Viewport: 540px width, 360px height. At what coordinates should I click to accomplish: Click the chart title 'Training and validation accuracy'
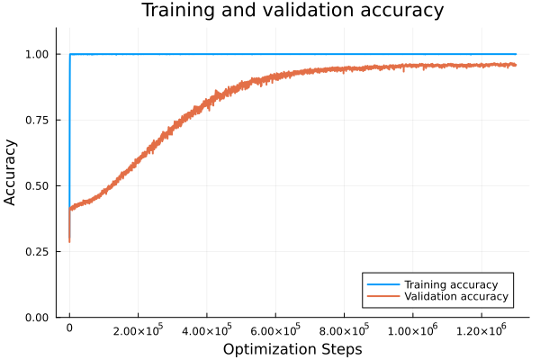(x=292, y=11)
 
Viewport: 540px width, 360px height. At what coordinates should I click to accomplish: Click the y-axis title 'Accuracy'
(x=11, y=172)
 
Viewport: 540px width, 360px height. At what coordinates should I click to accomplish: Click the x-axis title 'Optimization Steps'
(x=292, y=348)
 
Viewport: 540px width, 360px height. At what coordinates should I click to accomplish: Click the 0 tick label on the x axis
(x=69, y=330)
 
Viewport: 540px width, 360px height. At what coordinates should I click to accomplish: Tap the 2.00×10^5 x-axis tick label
(x=138, y=330)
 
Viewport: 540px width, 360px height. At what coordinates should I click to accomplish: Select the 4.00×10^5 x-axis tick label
(x=207, y=330)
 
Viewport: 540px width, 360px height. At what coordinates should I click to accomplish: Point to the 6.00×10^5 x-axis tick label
(x=275, y=330)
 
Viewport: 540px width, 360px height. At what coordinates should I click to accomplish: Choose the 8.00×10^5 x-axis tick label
(x=344, y=330)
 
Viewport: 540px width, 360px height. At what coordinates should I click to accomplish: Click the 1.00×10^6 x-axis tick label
(x=413, y=330)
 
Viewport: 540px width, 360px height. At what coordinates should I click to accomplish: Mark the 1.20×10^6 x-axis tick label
(x=481, y=330)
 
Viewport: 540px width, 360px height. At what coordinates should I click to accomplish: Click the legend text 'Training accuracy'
(x=451, y=284)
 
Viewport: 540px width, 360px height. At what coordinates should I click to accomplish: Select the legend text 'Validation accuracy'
(x=455, y=296)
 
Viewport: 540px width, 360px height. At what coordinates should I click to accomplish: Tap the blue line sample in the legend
(x=382, y=284)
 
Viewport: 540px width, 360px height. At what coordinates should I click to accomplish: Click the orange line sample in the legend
(x=382, y=296)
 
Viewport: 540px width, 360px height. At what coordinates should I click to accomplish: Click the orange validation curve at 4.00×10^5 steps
(x=207, y=101)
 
